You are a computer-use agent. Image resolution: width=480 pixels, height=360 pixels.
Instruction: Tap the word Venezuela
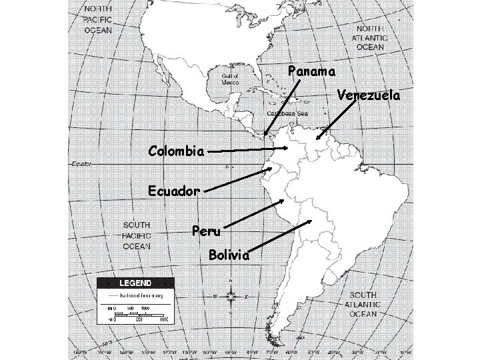pyautogui.click(x=369, y=95)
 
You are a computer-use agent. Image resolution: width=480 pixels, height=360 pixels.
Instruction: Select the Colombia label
pyautogui.click(x=176, y=151)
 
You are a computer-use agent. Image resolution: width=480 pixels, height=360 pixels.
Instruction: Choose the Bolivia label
pyautogui.click(x=229, y=255)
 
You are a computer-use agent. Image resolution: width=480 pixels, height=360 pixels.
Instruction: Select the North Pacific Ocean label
pyautogui.click(x=97, y=20)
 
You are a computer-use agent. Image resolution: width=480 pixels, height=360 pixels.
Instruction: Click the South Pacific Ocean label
pyautogui.click(x=136, y=235)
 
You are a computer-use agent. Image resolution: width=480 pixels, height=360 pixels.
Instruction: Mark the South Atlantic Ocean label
pyautogui.click(x=365, y=304)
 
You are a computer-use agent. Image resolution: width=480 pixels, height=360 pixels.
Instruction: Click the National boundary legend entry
pyautogui.click(x=139, y=295)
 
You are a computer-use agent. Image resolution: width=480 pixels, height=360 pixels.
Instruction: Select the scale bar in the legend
pyautogui.click(x=137, y=313)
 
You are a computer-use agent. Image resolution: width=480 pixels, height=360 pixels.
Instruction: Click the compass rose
pyautogui.click(x=231, y=295)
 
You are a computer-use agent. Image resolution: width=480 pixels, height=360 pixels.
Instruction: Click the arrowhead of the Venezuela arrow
pyautogui.click(x=317, y=139)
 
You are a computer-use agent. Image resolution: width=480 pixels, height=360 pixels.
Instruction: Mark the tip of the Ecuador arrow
pyautogui.click(x=272, y=168)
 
